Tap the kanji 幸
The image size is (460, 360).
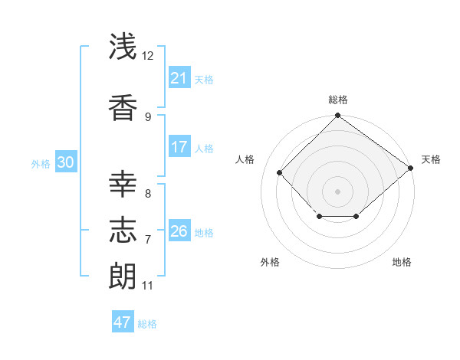point(123,184)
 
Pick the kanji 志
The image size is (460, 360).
point(123,230)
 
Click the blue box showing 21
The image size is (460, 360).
point(179,78)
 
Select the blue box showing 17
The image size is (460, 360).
point(179,147)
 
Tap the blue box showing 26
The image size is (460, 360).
point(179,231)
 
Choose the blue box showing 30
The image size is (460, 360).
point(65,162)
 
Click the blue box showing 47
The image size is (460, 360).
point(123,322)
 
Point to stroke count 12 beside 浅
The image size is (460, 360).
point(148,56)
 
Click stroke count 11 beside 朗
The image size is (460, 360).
point(148,286)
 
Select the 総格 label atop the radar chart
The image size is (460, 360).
point(337,100)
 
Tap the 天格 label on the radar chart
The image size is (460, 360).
point(431,159)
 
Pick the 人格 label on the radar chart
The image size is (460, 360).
point(245,159)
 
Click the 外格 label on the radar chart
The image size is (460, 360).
point(270,263)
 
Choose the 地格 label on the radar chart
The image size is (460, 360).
point(402,263)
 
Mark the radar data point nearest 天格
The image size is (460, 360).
point(410,168)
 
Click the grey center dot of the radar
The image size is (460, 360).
point(337,191)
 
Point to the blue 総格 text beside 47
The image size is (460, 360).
point(147,324)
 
